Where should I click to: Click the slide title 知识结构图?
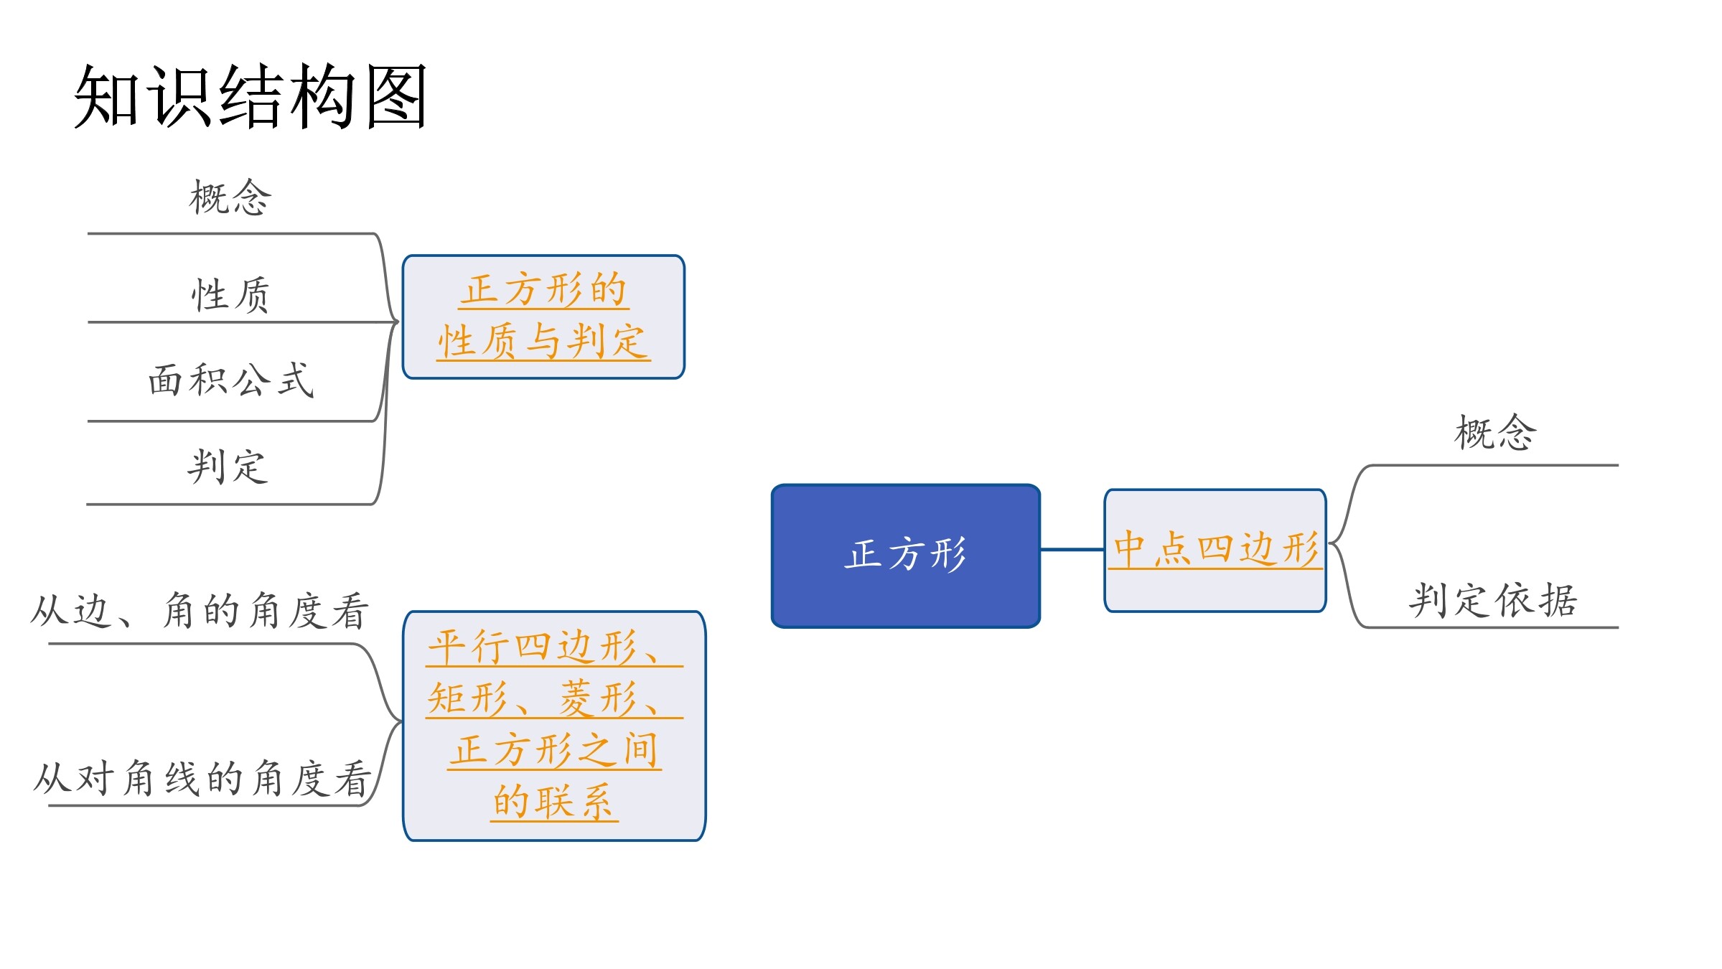pyautogui.click(x=251, y=96)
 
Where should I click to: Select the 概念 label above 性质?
pyautogui.click(x=230, y=197)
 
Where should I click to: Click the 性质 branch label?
pyautogui.click(x=230, y=295)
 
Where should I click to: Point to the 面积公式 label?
pyautogui.click(x=231, y=380)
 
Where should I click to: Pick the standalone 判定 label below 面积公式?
pyautogui.click(x=228, y=466)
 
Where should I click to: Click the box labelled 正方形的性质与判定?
pyautogui.click(x=543, y=317)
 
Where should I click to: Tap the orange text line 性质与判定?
pyautogui.click(x=543, y=340)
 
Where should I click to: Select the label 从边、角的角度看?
pyautogui.click(x=200, y=611)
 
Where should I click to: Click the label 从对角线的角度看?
pyautogui.click(x=202, y=778)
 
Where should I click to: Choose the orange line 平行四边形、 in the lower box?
pyautogui.click(x=553, y=647)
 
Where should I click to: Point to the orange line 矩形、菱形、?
pyautogui.click(x=553, y=698)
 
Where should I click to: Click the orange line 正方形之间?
pyautogui.click(x=554, y=750)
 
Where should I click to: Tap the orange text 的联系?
pyautogui.click(x=553, y=801)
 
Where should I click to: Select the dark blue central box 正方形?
pyautogui.click(x=906, y=556)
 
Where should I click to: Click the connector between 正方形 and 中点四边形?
pyautogui.click(x=1072, y=550)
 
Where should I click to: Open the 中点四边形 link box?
pyautogui.click(x=1215, y=551)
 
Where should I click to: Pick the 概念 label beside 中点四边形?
pyautogui.click(x=1496, y=433)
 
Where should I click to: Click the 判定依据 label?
pyautogui.click(x=1493, y=600)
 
